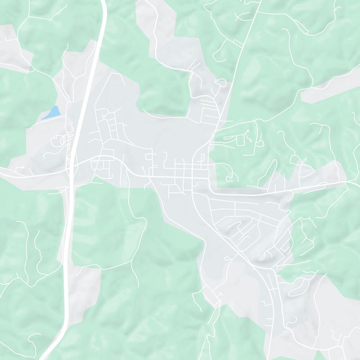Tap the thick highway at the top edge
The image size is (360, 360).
[x=103, y=4]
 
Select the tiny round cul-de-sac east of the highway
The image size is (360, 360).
[x=103, y=116]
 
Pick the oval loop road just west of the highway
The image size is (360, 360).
[x=58, y=141]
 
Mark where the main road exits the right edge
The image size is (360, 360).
[x=357, y=182]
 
